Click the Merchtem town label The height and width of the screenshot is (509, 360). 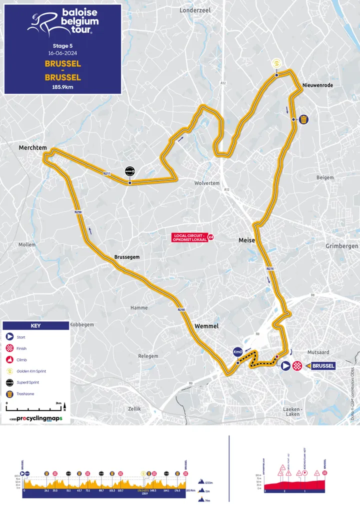click(x=32, y=148)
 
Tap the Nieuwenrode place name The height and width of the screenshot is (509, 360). click(x=317, y=85)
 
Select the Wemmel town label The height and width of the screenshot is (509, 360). click(x=206, y=326)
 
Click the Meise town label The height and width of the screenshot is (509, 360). click(x=246, y=240)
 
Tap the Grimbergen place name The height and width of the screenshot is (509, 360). click(x=341, y=246)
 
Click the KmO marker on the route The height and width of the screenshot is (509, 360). click(x=238, y=352)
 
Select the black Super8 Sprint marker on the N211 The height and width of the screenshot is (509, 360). click(x=129, y=172)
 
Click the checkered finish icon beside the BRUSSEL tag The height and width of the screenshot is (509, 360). click(x=298, y=365)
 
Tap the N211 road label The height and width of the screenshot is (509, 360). click(x=106, y=173)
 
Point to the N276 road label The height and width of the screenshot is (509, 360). click(x=270, y=269)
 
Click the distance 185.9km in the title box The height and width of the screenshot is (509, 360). click(x=62, y=86)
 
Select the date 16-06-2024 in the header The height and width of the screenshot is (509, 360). click(x=62, y=52)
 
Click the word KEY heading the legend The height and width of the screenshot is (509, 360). click(x=35, y=325)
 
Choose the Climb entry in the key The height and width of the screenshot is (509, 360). click(x=21, y=359)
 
